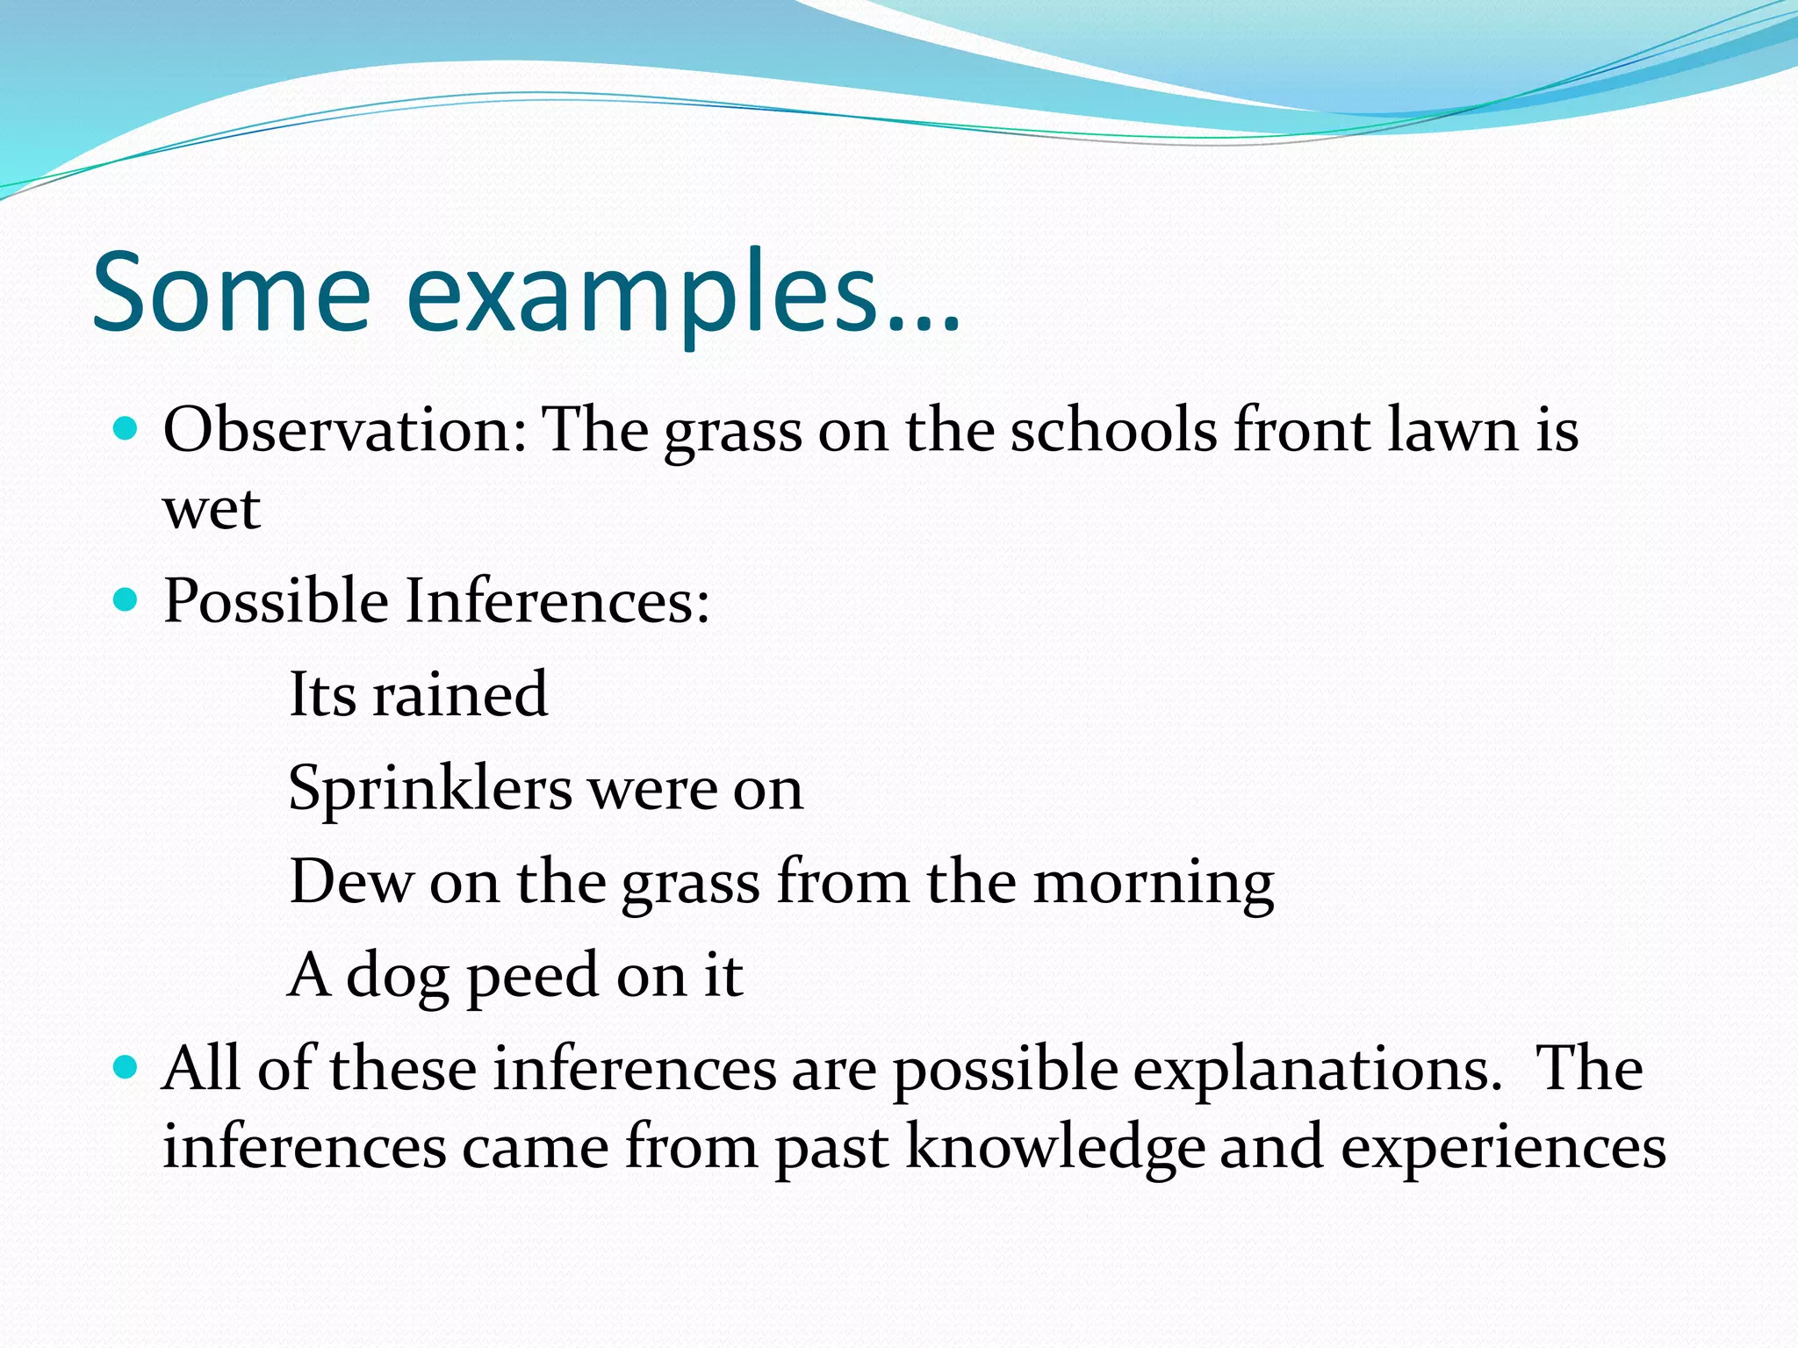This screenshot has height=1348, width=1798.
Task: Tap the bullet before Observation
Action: pyautogui.click(x=126, y=429)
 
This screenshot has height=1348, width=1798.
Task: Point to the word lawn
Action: pyautogui.click(x=1452, y=432)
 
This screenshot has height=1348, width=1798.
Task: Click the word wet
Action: pyautogui.click(x=212, y=509)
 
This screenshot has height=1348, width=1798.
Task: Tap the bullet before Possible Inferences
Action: pyautogui.click(x=126, y=600)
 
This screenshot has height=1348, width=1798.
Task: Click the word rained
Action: pyautogui.click(x=460, y=694)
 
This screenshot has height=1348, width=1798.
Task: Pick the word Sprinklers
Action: pyautogui.click(x=430, y=790)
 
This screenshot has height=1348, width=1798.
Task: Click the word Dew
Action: pyautogui.click(x=350, y=881)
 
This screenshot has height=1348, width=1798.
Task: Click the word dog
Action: pyautogui.click(x=397, y=977)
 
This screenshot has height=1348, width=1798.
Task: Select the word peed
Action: pyautogui.click(x=532, y=977)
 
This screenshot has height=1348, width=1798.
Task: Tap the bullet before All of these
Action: pyautogui.click(x=126, y=1067)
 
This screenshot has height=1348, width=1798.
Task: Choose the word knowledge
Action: pyautogui.click(x=1054, y=1148)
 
